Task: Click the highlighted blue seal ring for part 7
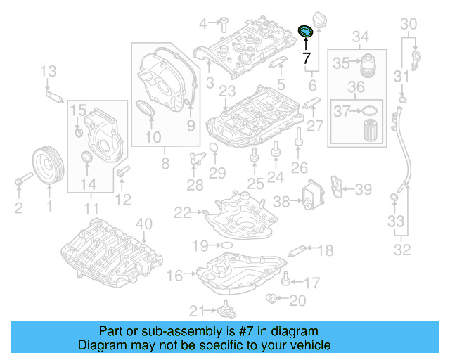pyautogui.click(x=306, y=32)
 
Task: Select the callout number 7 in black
pyautogui.click(x=306, y=59)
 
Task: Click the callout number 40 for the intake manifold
pyautogui.click(x=143, y=224)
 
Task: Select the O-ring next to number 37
pyautogui.click(x=368, y=110)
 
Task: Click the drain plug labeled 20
pyautogui.click(x=271, y=301)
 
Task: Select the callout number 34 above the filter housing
pyautogui.click(x=360, y=36)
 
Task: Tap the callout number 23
pyautogui.click(x=226, y=91)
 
